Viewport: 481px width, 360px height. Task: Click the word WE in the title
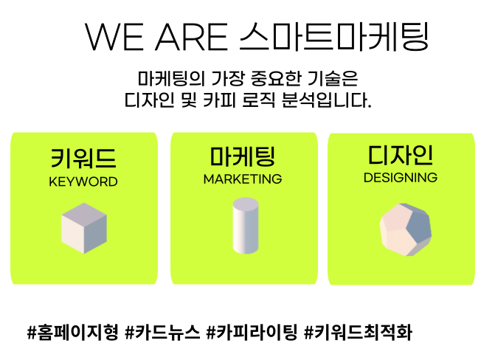(114, 37)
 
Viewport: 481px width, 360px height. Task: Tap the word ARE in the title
(191, 37)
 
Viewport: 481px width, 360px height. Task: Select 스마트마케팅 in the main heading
(333, 36)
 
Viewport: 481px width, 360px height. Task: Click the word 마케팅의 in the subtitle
(171, 78)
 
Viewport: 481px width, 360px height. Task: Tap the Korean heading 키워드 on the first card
(83, 158)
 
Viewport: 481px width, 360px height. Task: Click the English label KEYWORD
(83, 181)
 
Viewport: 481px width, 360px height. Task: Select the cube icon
(84, 228)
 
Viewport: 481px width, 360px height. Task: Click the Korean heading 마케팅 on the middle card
(242, 156)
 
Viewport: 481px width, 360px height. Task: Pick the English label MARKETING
(242, 179)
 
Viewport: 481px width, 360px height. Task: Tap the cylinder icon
(246, 226)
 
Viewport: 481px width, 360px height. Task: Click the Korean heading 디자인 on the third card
(401, 155)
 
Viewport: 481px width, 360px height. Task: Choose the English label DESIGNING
(401, 178)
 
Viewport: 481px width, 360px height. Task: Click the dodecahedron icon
(406, 229)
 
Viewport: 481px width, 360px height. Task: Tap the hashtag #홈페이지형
(73, 333)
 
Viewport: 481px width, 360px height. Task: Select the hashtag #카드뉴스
(162, 333)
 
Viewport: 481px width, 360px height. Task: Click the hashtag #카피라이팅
(252, 333)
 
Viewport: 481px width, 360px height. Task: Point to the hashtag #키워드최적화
(358, 333)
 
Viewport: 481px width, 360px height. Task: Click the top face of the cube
(84, 213)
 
